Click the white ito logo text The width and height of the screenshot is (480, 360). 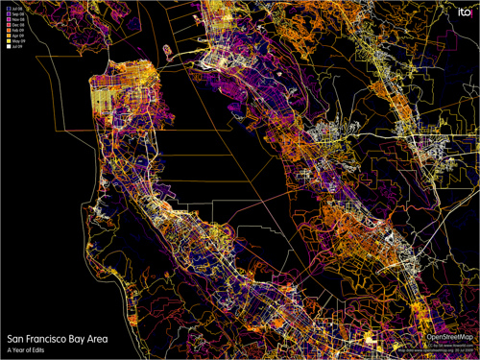[x=461, y=12]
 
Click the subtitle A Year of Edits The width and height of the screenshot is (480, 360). [x=27, y=350]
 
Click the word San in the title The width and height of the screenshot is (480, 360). [x=15, y=339]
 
